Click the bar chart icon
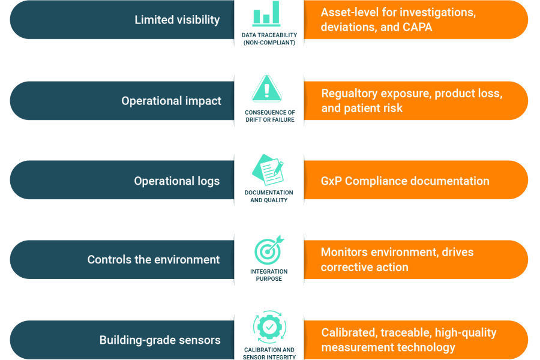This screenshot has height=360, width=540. point(266,14)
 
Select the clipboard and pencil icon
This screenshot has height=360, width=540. point(268,171)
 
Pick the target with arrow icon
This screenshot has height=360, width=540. point(268,250)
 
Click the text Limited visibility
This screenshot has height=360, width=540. point(177,20)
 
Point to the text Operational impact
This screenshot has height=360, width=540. point(171,101)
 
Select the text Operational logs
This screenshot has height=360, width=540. point(176,181)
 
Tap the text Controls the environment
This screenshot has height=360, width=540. point(154,260)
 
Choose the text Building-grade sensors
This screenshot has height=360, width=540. point(160,340)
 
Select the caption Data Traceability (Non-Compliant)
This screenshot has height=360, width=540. point(269,39)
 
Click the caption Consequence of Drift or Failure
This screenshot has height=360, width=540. point(269,116)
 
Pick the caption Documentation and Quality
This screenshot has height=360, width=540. point(269,196)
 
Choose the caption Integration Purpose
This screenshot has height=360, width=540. point(269,275)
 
